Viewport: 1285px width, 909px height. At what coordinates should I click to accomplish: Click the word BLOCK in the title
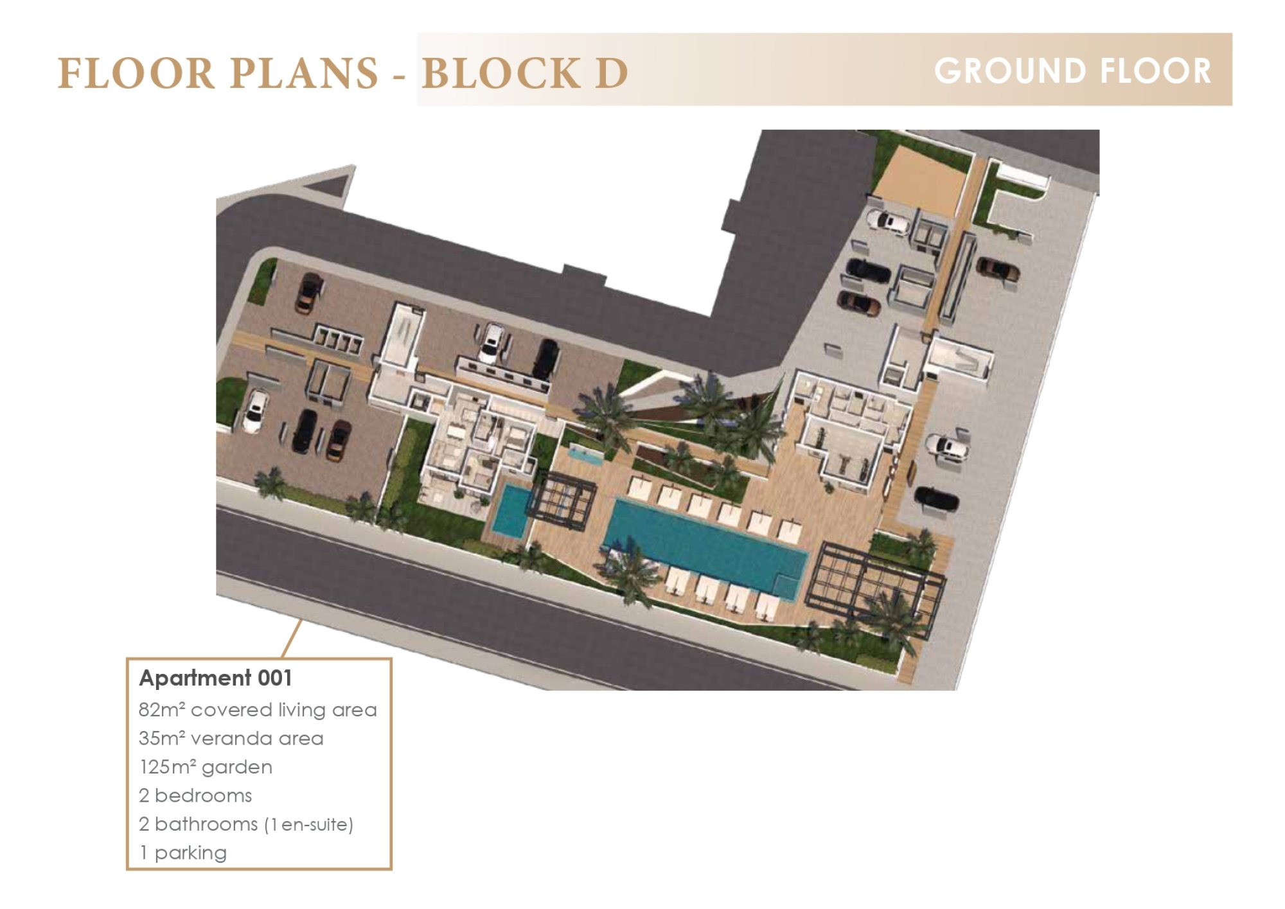point(501,73)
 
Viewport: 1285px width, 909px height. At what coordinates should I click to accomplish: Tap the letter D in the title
point(611,73)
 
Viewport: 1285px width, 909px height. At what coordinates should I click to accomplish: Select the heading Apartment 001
point(216,678)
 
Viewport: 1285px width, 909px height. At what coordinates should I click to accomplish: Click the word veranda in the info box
point(232,738)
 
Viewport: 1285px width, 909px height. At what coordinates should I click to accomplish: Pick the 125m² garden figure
point(206,767)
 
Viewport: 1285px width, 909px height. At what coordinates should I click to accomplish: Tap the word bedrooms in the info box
point(203,795)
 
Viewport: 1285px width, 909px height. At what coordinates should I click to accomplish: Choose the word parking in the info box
point(190,853)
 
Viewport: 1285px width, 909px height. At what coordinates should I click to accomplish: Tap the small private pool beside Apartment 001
point(511,511)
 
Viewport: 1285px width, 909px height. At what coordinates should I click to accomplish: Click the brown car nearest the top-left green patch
point(308,294)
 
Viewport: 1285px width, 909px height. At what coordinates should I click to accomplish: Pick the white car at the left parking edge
point(254,411)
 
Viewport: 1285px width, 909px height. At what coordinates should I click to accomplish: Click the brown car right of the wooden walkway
point(997,269)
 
